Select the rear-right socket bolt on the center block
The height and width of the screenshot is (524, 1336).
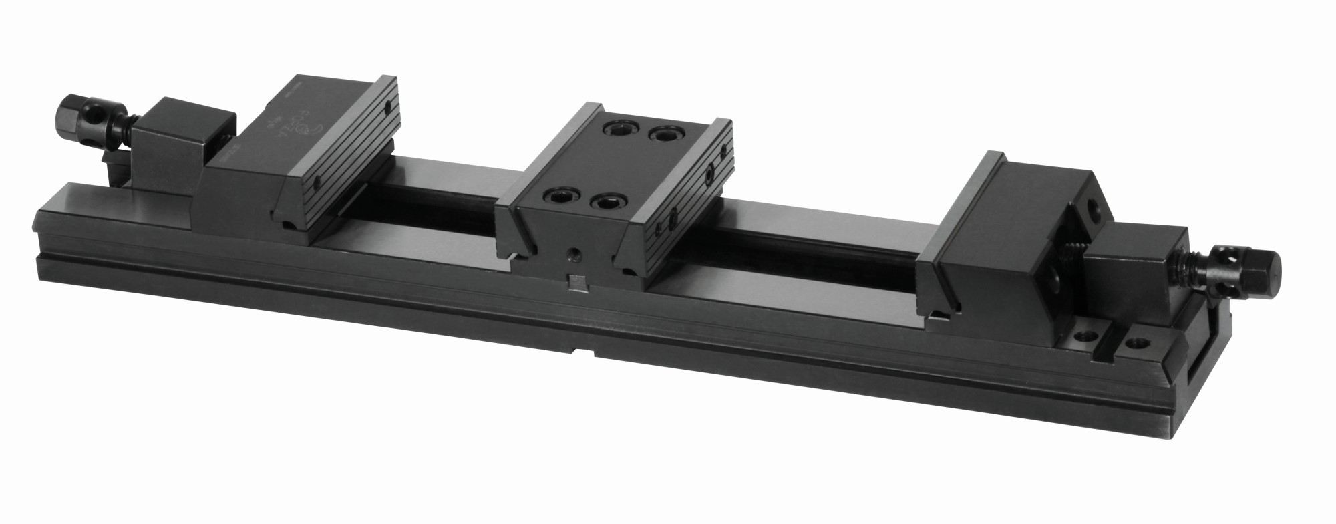665,136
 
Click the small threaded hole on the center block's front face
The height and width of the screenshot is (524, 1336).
574,254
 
